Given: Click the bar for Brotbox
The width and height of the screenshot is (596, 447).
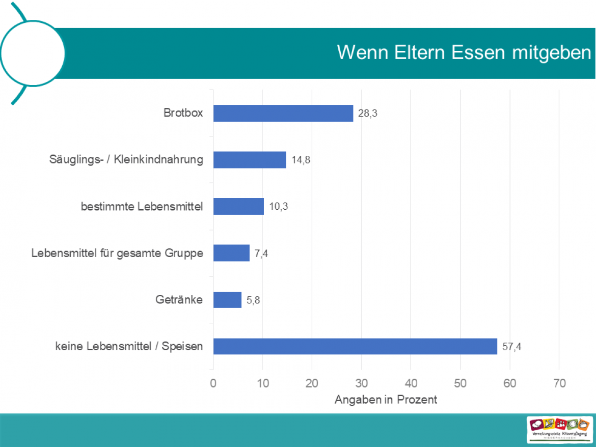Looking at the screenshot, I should tap(283, 113).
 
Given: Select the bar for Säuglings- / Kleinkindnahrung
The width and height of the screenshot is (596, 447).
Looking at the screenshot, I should tap(250, 160).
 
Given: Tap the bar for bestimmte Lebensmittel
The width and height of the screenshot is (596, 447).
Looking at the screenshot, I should tap(238, 207).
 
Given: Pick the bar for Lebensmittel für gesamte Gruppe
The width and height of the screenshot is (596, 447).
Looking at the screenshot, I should tap(231, 253).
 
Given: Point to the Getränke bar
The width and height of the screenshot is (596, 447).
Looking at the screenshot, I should tap(227, 300).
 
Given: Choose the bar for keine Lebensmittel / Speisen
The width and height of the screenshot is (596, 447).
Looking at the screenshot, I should tap(355, 346).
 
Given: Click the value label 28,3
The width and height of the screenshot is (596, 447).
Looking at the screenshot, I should tap(367, 114).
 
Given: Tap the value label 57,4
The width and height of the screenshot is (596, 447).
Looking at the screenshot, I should tap(511, 347).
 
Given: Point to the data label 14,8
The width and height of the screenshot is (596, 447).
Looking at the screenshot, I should tap(301, 160).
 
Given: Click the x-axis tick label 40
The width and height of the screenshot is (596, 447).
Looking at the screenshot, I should tap(411, 384).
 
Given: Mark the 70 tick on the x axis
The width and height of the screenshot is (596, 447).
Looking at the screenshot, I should tap(559, 384).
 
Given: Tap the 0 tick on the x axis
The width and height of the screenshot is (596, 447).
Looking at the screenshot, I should tap(213, 384).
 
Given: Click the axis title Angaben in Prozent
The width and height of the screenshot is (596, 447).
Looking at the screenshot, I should tap(386, 400).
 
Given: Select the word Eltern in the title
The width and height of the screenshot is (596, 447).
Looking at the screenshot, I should tap(415, 53).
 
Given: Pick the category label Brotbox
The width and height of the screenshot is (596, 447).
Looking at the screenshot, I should tap(183, 113).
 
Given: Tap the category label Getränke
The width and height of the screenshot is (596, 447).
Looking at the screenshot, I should tap(179, 300).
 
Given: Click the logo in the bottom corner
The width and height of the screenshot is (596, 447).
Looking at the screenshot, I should tap(560, 429).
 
